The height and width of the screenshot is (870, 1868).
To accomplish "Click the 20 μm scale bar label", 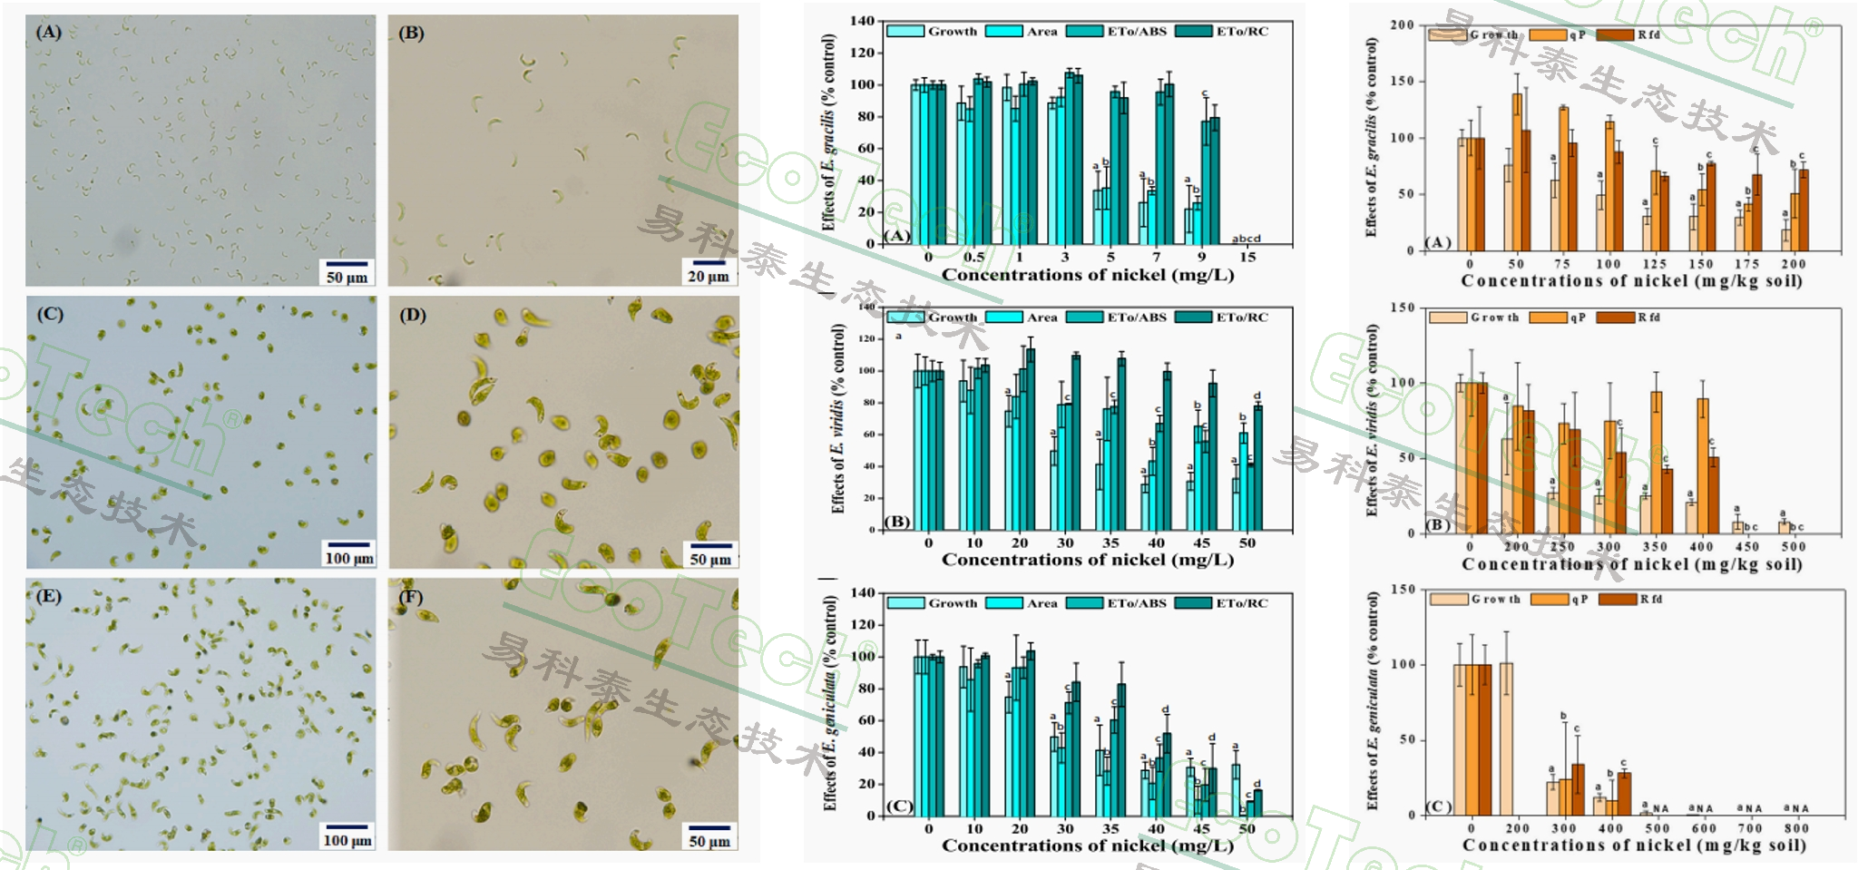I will [708, 276].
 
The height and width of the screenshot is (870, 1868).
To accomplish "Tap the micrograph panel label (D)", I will [412, 316].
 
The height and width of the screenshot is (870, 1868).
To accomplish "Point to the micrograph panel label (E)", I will [48, 596].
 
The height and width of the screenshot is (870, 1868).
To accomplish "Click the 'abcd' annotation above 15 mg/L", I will [1246, 239].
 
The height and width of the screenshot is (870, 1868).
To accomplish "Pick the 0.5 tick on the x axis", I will [973, 258].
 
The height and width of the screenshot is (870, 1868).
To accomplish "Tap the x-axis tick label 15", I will [1247, 258].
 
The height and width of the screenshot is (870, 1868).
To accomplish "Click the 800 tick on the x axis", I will [1795, 828].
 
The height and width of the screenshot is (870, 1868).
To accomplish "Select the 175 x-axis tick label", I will [1747, 264].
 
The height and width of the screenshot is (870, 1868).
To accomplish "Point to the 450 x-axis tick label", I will [1747, 547].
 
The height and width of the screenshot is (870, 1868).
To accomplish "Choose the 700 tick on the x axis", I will [1749, 828].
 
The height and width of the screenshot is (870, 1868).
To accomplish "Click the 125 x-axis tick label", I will [1655, 264].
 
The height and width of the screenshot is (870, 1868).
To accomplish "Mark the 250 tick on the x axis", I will [1562, 547].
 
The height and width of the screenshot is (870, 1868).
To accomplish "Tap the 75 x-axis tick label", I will [1561, 264].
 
